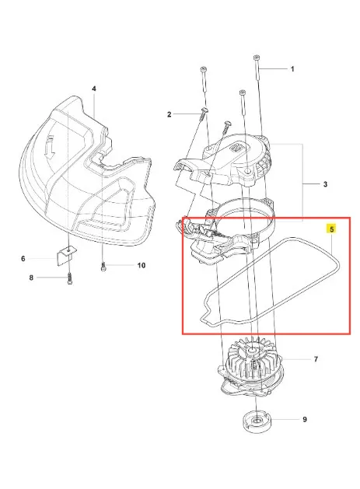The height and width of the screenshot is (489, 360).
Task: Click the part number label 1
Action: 292,69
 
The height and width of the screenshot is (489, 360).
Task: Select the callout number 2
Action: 169,114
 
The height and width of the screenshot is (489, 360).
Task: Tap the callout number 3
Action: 325,184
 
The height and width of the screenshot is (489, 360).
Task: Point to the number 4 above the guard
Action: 94,89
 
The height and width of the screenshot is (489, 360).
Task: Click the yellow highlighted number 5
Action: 331,229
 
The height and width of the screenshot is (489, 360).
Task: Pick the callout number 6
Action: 23,259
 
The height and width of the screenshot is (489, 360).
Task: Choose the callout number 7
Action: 316,359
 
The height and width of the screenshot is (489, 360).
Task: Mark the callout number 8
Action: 31,278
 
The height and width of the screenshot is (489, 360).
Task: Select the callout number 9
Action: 305,420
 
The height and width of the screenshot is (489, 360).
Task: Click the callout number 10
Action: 142,265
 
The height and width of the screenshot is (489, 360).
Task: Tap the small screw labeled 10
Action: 103,267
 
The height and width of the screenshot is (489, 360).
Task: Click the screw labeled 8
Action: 69,278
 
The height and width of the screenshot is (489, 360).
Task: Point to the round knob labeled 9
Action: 257,422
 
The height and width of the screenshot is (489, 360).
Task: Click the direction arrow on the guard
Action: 50,147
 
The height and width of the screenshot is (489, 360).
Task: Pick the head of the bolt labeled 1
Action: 256,58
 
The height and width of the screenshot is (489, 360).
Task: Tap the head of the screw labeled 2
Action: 204,110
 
